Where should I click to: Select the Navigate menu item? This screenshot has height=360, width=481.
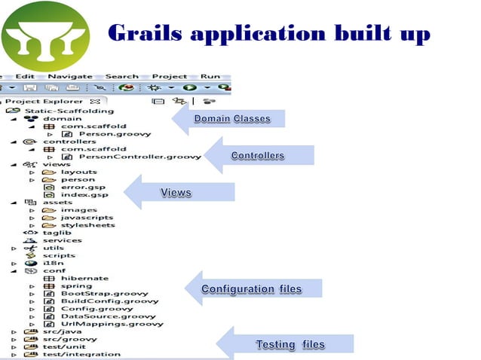pos(69,76)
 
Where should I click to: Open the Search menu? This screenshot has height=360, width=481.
pos(121,76)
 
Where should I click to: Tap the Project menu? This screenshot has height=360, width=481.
pos(170,76)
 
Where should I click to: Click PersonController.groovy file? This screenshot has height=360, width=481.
pos(139,157)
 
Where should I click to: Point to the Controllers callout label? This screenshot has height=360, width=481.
pos(258,156)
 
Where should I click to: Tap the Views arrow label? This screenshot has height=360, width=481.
pos(176,194)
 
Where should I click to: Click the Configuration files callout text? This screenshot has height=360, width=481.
pos(251,289)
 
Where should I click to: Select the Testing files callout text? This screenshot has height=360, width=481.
pos(290,345)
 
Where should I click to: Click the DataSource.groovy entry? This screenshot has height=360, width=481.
pos(108,316)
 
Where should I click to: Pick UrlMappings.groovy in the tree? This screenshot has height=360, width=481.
pos(112,324)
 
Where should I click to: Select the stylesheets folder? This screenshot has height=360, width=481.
pos(87,225)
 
